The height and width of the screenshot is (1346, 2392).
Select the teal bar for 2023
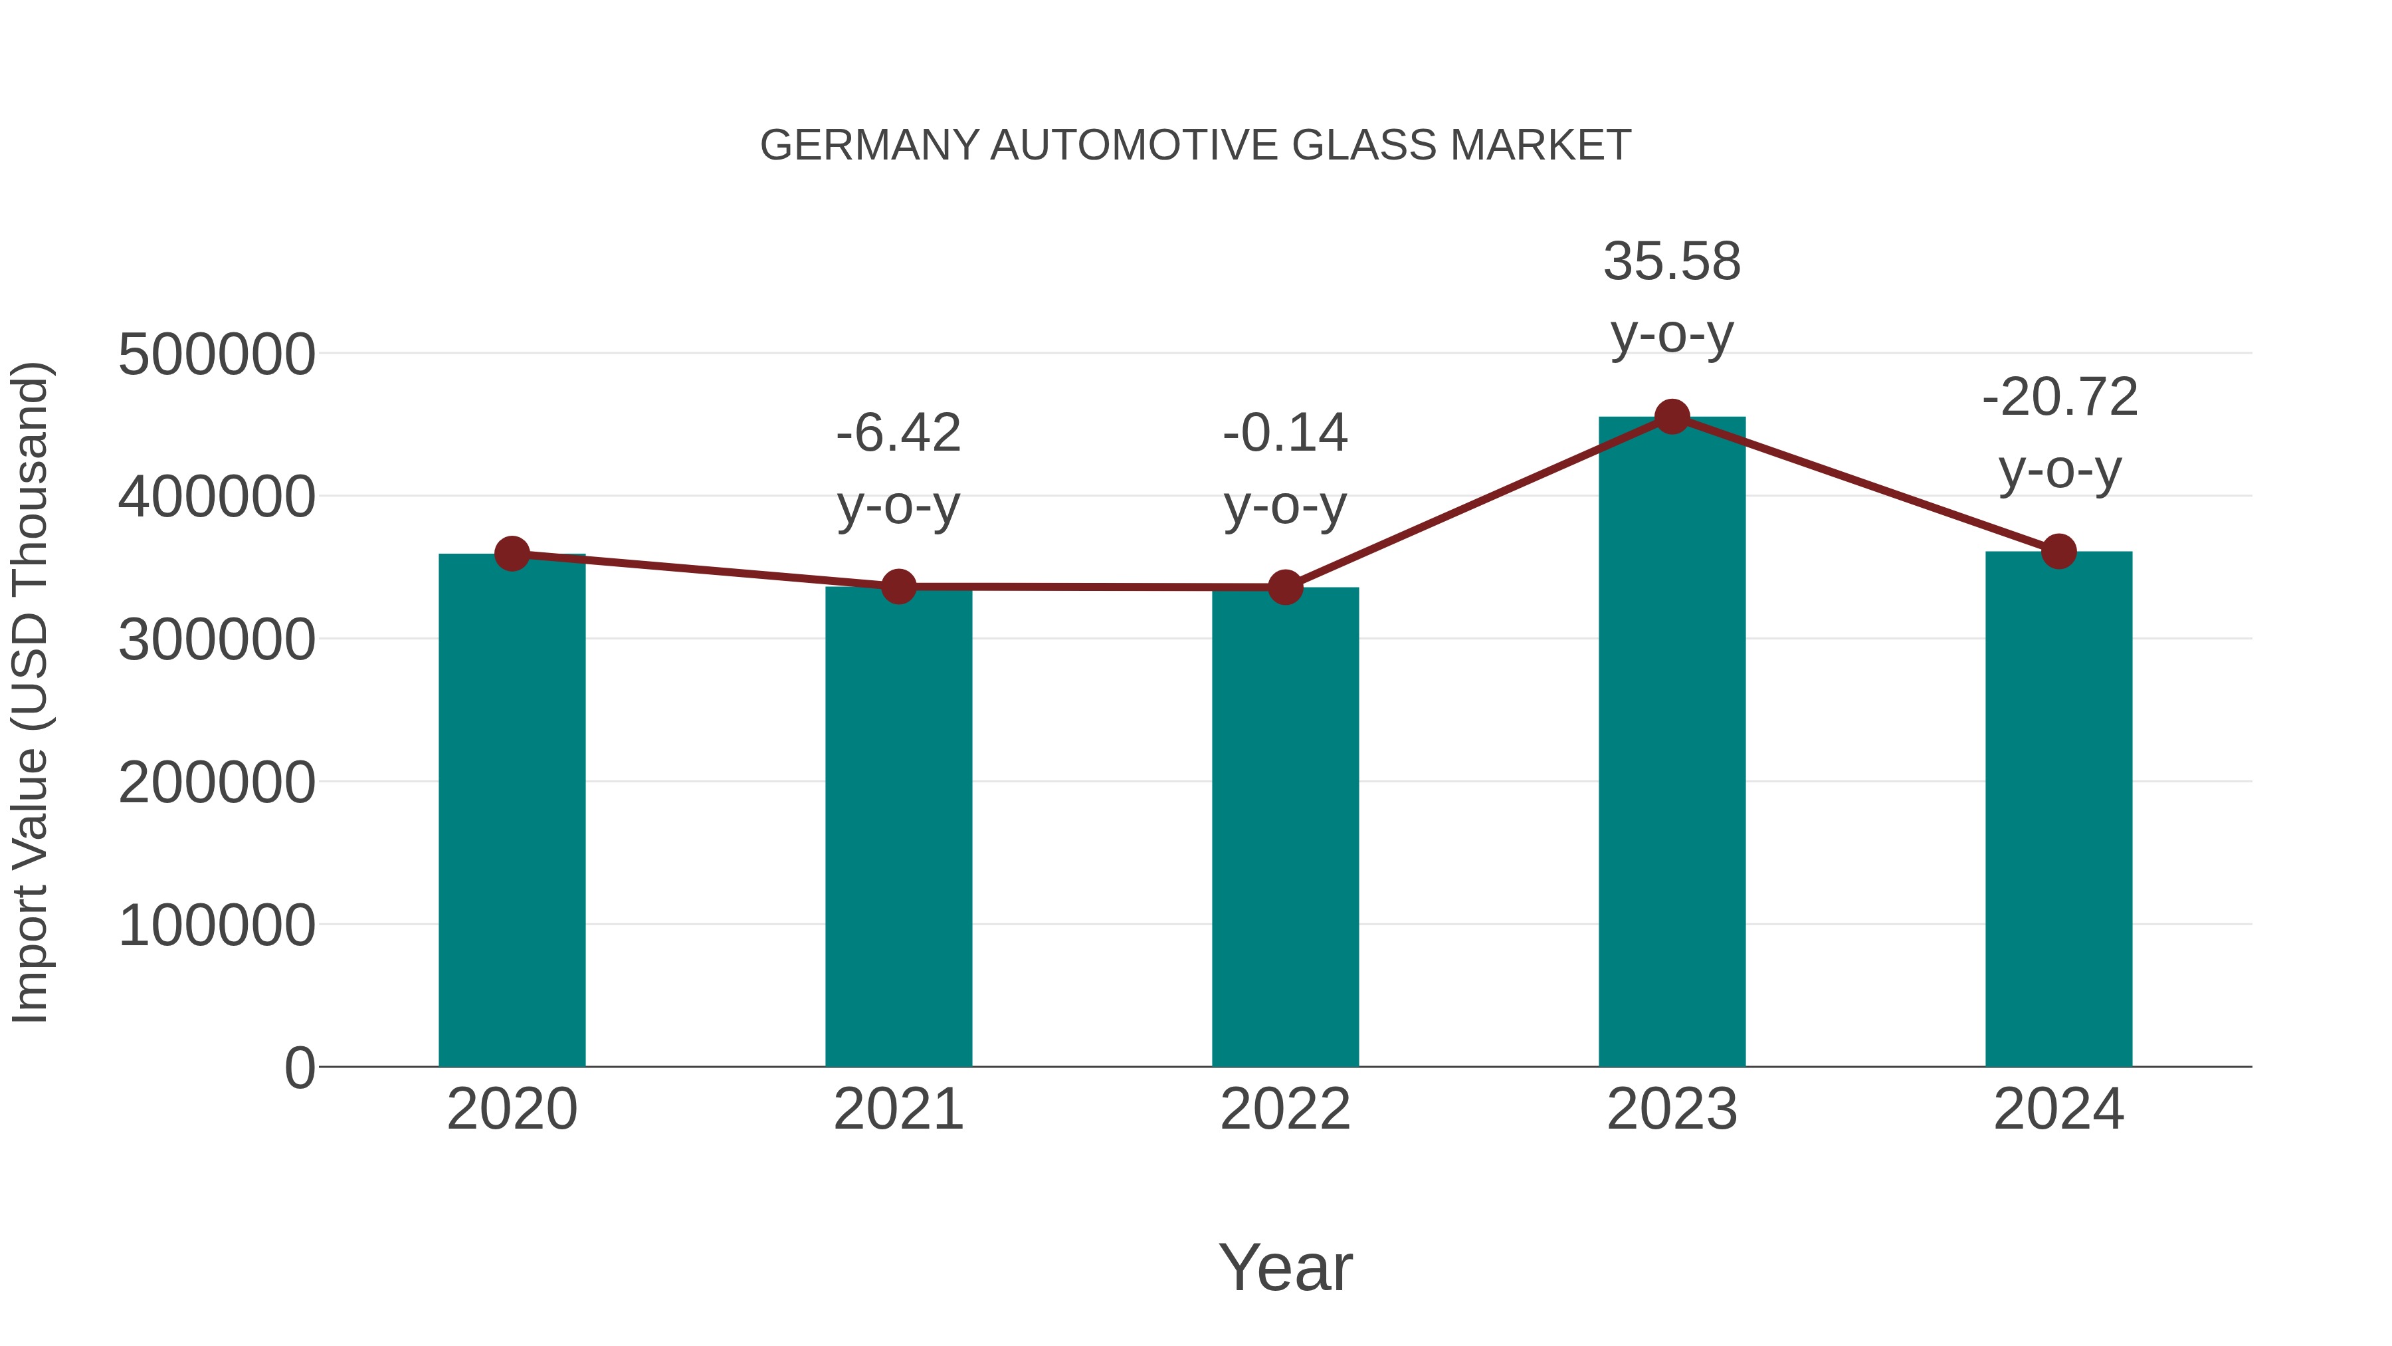click(x=1672, y=743)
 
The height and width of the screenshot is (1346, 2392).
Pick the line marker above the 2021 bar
click(x=898, y=587)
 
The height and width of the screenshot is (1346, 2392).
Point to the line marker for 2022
click(x=1285, y=587)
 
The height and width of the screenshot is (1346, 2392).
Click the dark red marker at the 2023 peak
click(x=1672, y=417)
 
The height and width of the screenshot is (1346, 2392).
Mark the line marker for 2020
click(x=512, y=554)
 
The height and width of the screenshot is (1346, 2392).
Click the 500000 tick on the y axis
click(x=217, y=355)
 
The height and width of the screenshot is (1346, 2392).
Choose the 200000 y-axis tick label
click(x=217, y=783)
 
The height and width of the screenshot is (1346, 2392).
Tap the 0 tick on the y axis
click(x=299, y=1068)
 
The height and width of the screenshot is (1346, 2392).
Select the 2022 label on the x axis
click(x=1285, y=1110)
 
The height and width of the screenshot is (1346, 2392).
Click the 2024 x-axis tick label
click(x=2058, y=1110)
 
